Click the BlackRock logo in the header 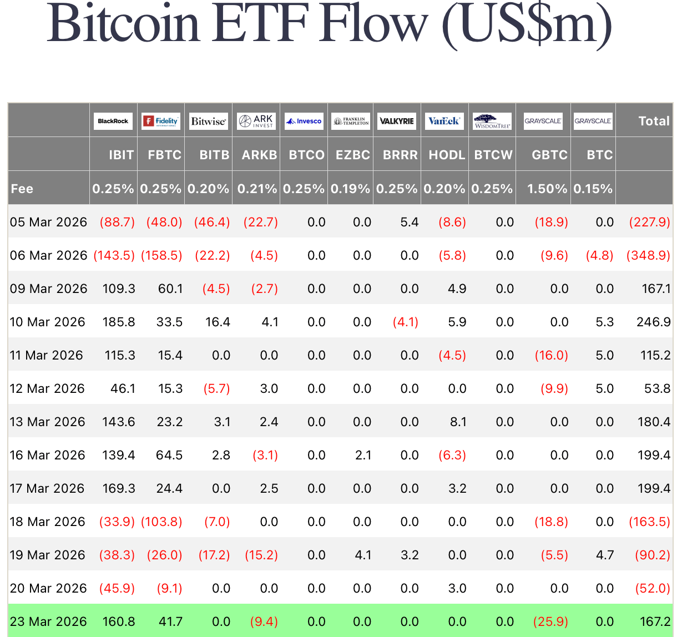113,121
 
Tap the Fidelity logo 160,121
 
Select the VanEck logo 444,121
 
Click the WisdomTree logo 492,121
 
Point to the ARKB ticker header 259,155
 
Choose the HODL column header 447,155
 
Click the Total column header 654,121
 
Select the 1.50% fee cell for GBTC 547,189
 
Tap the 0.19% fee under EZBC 350,189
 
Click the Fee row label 22,189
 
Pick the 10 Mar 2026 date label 48,322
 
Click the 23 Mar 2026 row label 48,621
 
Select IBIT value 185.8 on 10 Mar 119,322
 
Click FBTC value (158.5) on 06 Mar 161,255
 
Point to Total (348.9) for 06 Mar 648,255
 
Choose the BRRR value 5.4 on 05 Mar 410,222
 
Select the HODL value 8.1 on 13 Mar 458,422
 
